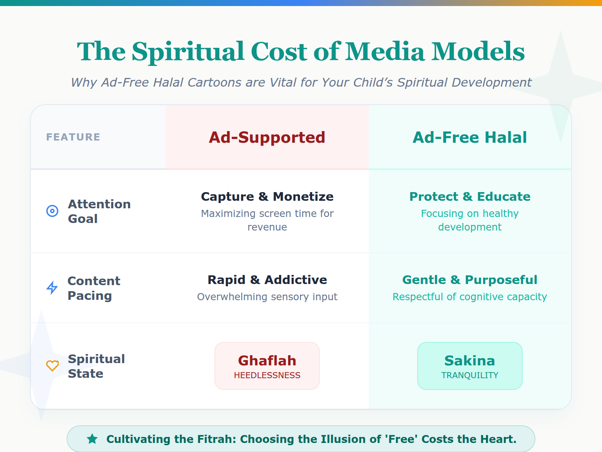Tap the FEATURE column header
pos(73,137)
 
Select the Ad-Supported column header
pos(267,137)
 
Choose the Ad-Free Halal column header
pos(470,137)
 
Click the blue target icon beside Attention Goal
pos(52,211)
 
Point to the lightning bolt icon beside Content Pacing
pos(52,288)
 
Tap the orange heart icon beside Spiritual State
pos(52,365)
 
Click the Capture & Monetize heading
pos(267,197)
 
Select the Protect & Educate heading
pos(470,197)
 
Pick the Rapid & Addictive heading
pos(267,280)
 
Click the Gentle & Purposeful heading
pos(470,280)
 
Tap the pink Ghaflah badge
pos(267,366)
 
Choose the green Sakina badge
pos(470,366)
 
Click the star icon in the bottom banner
pos(92,439)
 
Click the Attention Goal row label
pos(99,211)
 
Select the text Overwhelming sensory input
pos(267,297)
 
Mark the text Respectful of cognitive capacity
pos(470,297)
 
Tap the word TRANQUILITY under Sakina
pos(470,375)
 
